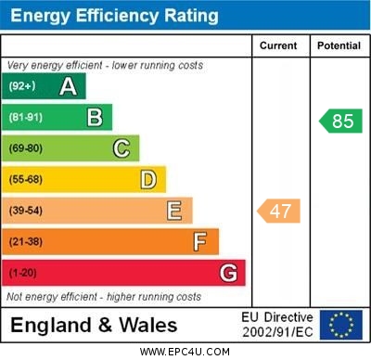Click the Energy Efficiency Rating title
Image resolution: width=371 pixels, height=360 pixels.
coord(114,16)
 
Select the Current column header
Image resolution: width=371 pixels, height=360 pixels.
coord(278,45)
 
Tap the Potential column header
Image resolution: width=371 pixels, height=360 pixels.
coord(339,45)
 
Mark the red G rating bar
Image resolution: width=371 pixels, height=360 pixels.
coord(123,273)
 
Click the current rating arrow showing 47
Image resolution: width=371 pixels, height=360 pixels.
coord(279,211)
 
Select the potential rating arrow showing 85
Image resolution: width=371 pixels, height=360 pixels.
coord(339,121)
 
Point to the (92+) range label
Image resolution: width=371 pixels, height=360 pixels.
coord(22,86)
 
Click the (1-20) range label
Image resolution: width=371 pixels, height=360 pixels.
coord(23,273)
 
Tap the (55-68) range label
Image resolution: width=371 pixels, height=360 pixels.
coord(26,179)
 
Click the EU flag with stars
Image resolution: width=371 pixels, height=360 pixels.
coord(340,324)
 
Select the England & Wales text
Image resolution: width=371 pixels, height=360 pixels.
coord(94,325)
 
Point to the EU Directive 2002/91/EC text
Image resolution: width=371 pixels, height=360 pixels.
coord(277,324)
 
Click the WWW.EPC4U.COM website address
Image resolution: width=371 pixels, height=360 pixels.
coord(185,352)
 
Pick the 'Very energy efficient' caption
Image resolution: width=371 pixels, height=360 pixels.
coord(104,66)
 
